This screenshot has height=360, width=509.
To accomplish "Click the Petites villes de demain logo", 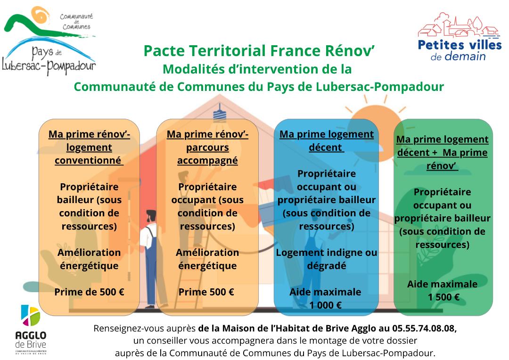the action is click(460, 37).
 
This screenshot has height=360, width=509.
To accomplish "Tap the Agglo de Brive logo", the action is click(31, 329).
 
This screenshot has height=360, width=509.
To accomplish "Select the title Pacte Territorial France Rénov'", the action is click(259, 51).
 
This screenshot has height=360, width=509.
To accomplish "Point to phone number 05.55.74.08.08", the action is click(424, 328).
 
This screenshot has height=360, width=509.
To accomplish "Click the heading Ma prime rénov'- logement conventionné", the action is click(89, 147).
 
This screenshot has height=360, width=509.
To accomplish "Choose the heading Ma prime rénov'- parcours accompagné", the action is click(207, 147).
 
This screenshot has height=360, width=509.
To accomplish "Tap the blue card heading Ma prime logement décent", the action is click(327, 141).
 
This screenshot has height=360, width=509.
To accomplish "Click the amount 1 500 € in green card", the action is click(443, 297).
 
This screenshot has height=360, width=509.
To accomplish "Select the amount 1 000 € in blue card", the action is click(325, 305).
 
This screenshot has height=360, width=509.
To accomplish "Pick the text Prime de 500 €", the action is click(89, 292).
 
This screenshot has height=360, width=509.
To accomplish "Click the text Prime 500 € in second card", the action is click(206, 292).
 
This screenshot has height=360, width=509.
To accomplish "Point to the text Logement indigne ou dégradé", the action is click(327, 259).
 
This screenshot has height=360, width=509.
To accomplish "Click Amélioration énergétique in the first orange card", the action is click(89, 259).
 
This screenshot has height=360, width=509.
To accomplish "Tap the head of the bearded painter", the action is click(151, 216).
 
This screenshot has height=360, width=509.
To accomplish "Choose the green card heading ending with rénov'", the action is click(443, 153).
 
